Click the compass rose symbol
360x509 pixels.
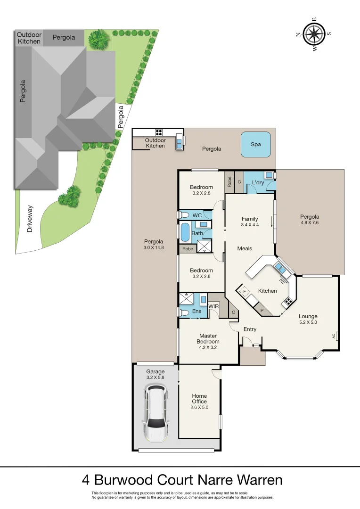314,33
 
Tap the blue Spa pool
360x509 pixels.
255,145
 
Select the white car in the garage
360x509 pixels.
156,412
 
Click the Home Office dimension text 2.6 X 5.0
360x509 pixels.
199,407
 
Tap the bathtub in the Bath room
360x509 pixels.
185,232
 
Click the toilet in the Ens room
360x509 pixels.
184,312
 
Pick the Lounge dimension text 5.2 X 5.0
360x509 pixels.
308,322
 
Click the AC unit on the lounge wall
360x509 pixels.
336,336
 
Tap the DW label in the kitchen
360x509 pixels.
282,281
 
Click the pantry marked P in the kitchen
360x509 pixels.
262,310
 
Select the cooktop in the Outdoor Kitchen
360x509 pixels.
159,132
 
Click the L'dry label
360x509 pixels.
258,182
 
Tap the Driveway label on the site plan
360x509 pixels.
30,220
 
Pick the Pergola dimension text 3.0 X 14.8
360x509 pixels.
154,247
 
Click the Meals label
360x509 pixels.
244,248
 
